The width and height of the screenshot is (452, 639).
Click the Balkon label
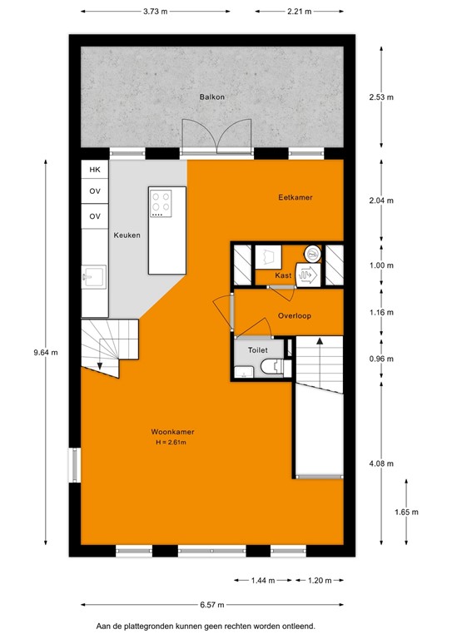(211, 97)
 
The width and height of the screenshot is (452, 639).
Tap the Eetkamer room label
(295, 197)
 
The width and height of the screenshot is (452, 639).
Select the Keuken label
(127, 235)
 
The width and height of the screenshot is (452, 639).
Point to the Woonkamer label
(172, 432)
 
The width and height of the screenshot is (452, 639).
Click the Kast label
(282, 275)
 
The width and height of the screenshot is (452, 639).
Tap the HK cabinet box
(95, 169)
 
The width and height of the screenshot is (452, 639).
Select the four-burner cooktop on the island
(161, 202)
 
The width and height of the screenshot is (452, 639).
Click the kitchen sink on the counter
(93, 275)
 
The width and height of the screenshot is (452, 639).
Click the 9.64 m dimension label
(48, 352)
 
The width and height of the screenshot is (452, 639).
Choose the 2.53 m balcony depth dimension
(382, 97)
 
